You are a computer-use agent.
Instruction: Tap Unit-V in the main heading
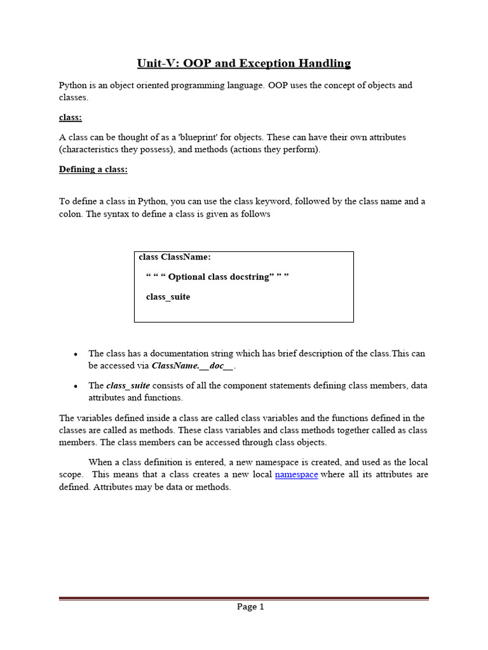click(156, 63)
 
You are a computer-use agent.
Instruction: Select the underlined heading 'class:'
click(70, 117)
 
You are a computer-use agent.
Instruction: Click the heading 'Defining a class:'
click(93, 169)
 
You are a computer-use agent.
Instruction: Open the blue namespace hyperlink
click(296, 474)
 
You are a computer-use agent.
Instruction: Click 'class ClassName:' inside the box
click(175, 257)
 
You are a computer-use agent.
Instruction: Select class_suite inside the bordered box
click(168, 296)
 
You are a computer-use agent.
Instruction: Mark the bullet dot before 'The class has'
click(76, 354)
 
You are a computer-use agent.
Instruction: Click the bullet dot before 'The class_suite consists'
click(76, 386)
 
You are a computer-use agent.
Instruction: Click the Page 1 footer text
click(250, 606)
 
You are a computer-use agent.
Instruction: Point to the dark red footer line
click(244, 598)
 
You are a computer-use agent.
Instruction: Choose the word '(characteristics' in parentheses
click(90, 150)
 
